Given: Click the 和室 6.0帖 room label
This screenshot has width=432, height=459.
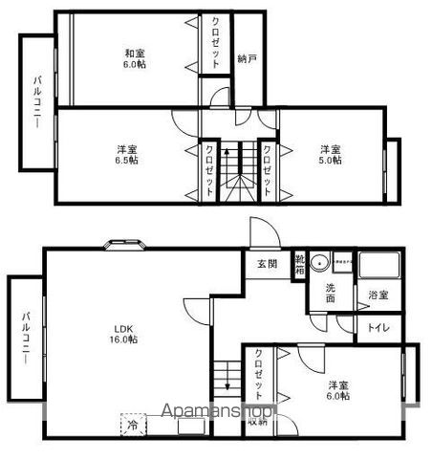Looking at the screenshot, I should click(x=135, y=59).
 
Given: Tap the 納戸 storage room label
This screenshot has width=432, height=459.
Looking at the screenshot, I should click(x=247, y=57).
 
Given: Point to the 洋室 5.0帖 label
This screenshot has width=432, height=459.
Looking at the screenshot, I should click(x=330, y=155).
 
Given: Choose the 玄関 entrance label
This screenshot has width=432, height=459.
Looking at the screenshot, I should click(x=267, y=265).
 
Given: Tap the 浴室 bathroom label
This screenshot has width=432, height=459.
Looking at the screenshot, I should click(x=378, y=295).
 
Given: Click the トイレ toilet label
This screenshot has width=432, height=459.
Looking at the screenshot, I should click(x=378, y=328).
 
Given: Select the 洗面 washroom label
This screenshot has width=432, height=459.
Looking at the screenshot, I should click(x=330, y=293).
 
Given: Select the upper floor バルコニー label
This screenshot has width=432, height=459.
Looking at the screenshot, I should click(x=36, y=101).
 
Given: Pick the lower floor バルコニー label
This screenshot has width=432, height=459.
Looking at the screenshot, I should click(x=25, y=339).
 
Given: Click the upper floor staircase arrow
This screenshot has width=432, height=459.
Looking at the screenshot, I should click(x=227, y=153).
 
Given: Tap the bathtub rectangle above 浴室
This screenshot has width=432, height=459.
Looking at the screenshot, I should click(x=380, y=265).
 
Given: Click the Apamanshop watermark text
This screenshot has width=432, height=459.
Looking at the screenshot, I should click(x=218, y=412).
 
